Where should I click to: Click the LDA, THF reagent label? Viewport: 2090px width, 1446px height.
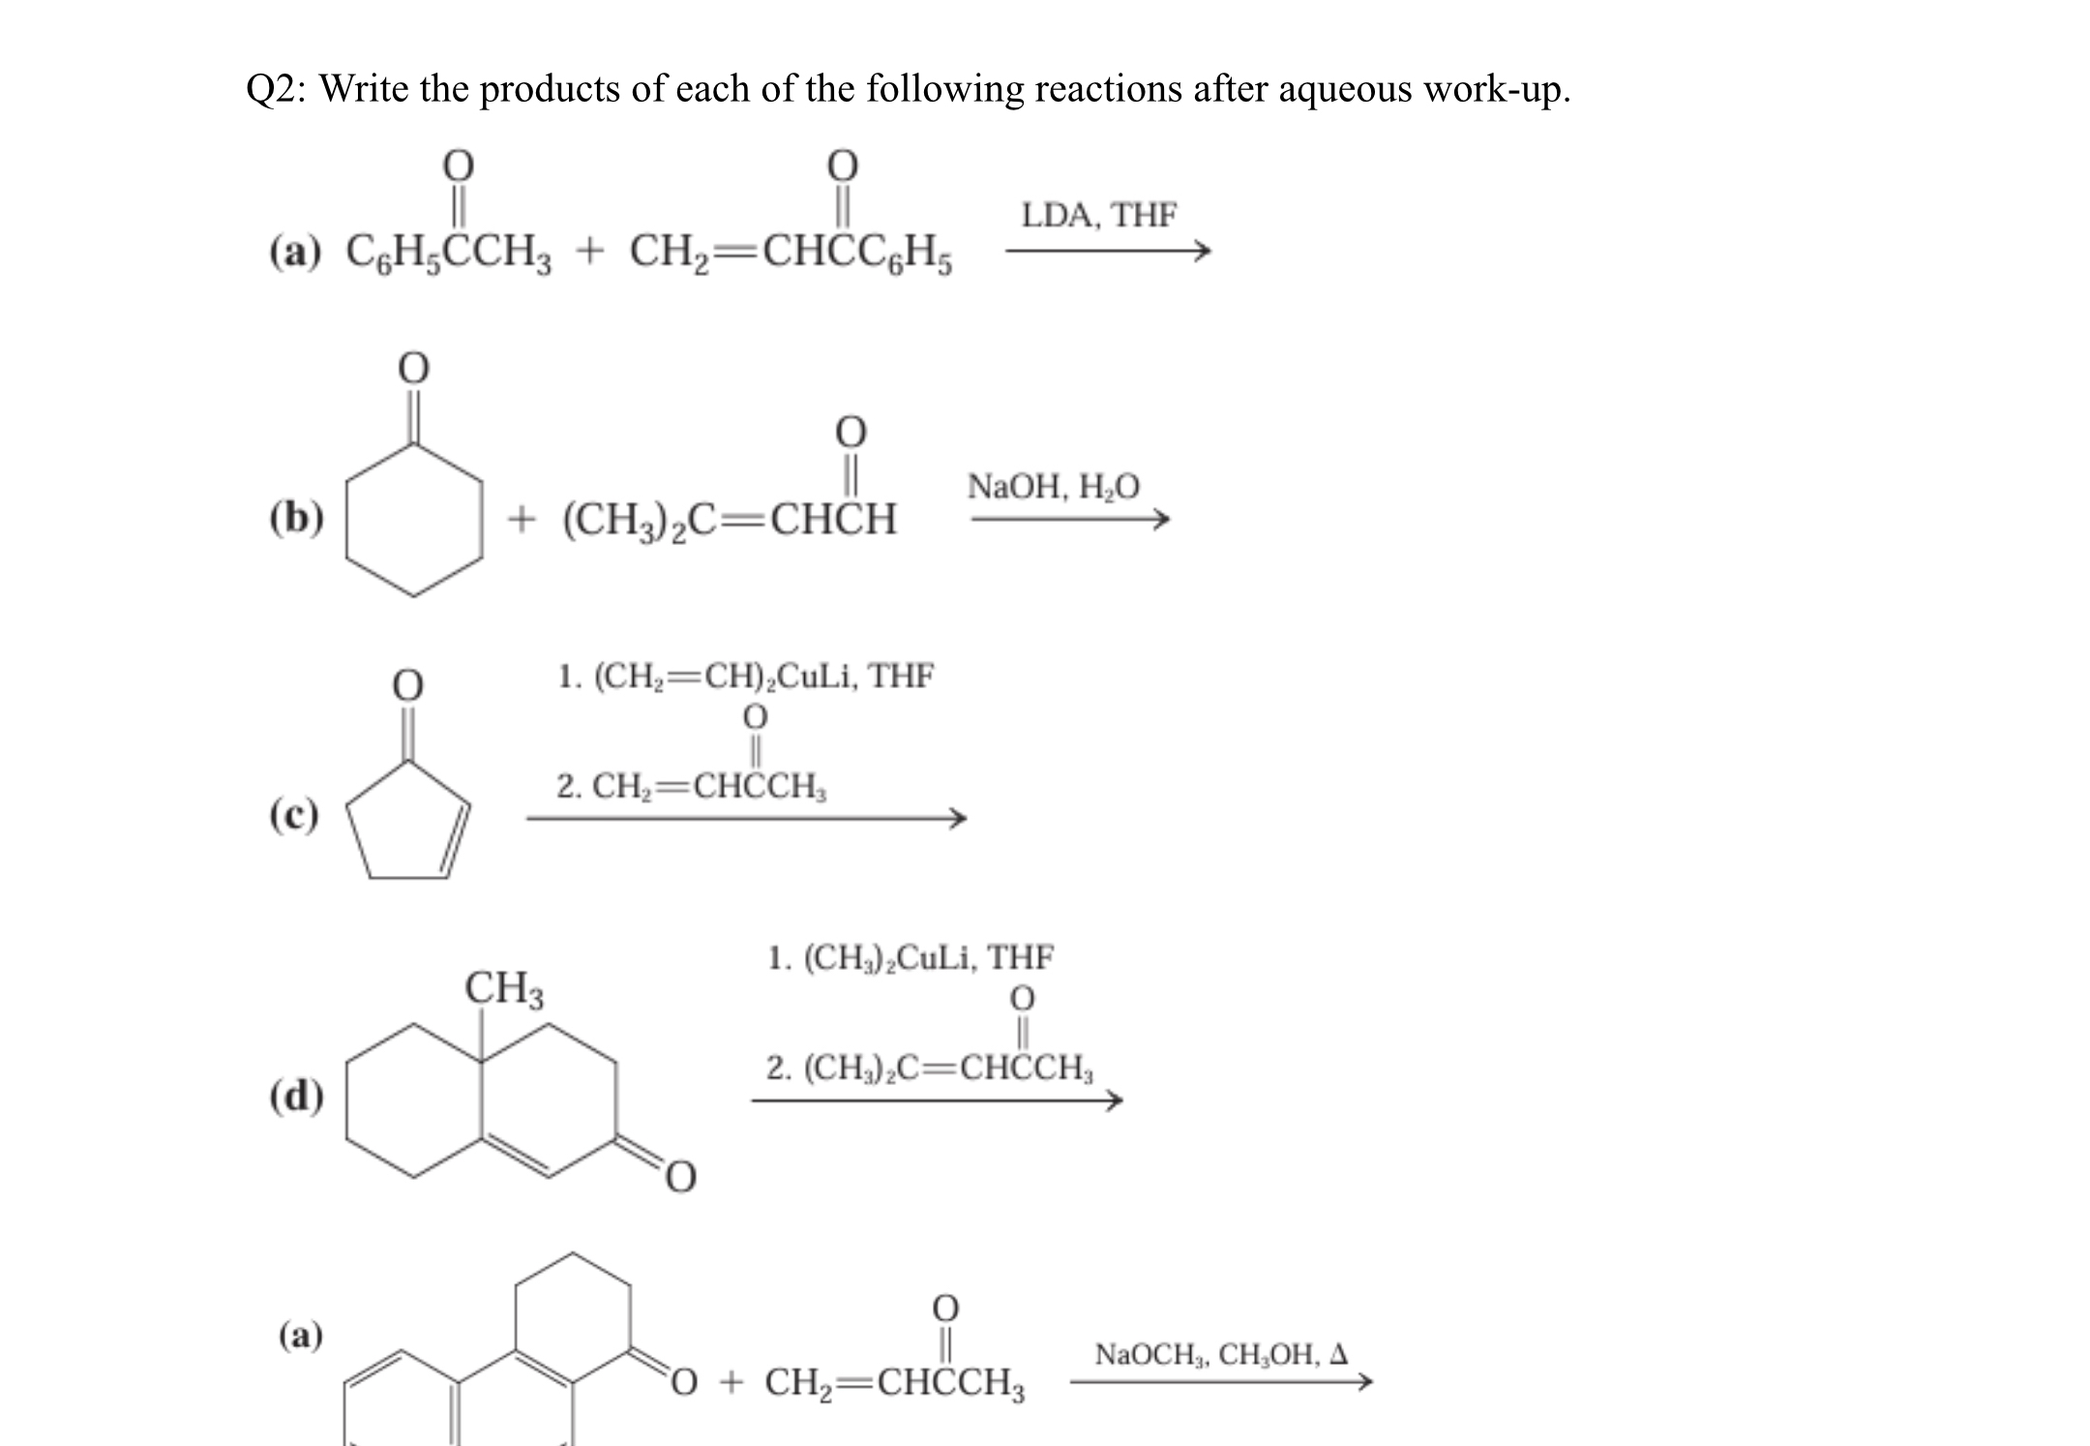point(1099,215)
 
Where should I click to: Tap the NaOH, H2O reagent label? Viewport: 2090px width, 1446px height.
point(1054,486)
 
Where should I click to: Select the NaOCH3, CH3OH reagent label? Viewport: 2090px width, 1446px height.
point(1221,1353)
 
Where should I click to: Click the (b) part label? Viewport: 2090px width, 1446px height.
point(296,518)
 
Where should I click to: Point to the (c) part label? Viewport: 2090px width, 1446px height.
point(294,815)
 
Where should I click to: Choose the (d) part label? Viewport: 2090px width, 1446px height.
point(296,1097)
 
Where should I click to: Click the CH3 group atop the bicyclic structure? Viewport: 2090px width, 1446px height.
point(504,988)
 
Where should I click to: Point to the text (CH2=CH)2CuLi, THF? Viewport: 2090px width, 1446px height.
point(746,676)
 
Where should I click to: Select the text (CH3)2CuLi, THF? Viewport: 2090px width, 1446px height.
point(911,958)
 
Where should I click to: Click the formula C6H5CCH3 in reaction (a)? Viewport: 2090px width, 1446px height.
point(449,254)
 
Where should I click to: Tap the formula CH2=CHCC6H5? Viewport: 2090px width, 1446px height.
point(791,254)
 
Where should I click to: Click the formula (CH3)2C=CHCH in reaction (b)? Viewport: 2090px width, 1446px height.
point(730,520)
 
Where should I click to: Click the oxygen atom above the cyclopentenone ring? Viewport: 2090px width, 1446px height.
point(407,684)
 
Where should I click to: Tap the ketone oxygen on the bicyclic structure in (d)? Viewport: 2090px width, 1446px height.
point(680,1176)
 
